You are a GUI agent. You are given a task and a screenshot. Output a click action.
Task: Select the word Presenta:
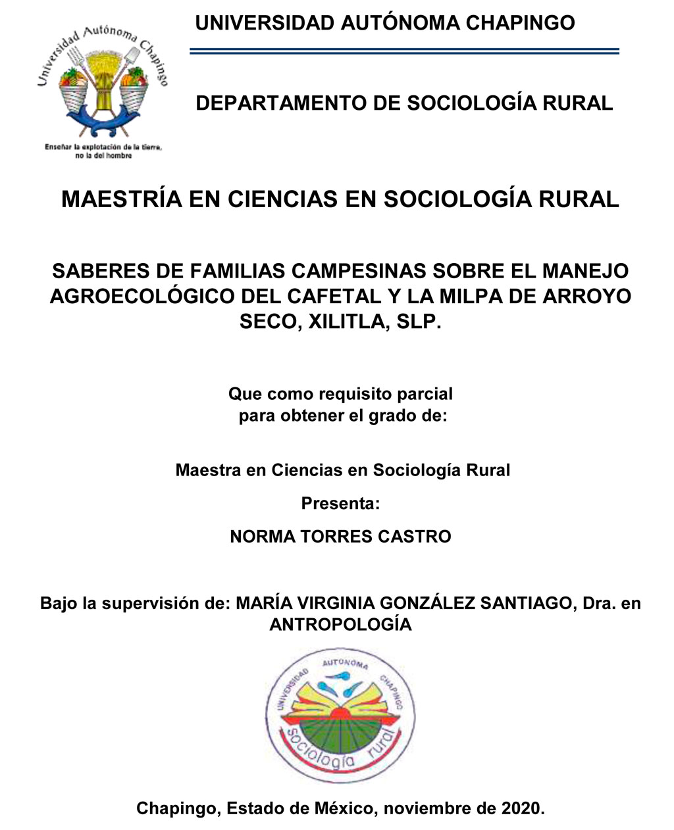click(340, 504)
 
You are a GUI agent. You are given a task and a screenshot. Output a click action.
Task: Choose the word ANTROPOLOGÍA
click(340, 625)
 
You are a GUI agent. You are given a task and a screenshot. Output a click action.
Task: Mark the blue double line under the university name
click(404, 51)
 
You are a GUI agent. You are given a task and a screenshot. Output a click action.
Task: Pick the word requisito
click(357, 394)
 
